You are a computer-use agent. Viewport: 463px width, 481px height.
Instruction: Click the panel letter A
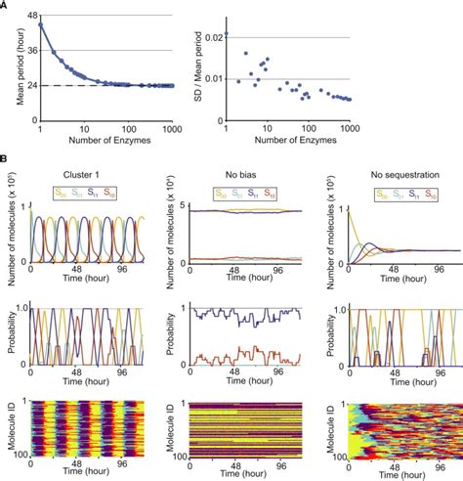pyautogui.click(x=5, y=5)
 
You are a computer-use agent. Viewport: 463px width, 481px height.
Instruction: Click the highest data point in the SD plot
pyautogui.click(x=227, y=34)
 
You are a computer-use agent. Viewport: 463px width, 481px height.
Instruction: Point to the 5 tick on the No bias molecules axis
pyautogui.click(x=181, y=209)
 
